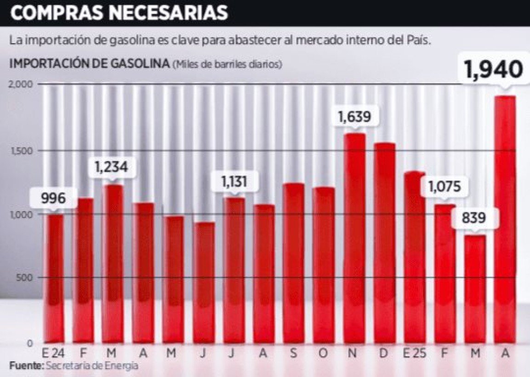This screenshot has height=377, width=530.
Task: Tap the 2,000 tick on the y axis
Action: [20, 84]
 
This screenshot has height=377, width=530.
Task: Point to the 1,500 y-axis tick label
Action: [20, 151]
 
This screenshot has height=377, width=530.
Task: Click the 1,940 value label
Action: [493, 70]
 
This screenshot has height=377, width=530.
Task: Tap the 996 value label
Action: [53, 199]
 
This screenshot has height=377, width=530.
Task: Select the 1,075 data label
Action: [445, 187]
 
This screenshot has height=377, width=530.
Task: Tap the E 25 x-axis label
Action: [415, 354]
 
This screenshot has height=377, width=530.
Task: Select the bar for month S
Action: [294, 262]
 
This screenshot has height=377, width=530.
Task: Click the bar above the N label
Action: [354, 239]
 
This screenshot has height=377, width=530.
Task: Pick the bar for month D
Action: [384, 244]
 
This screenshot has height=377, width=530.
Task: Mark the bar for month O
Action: [324, 264]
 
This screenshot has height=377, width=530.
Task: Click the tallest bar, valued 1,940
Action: [505, 221]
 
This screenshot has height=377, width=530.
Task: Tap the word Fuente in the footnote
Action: [25, 366]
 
